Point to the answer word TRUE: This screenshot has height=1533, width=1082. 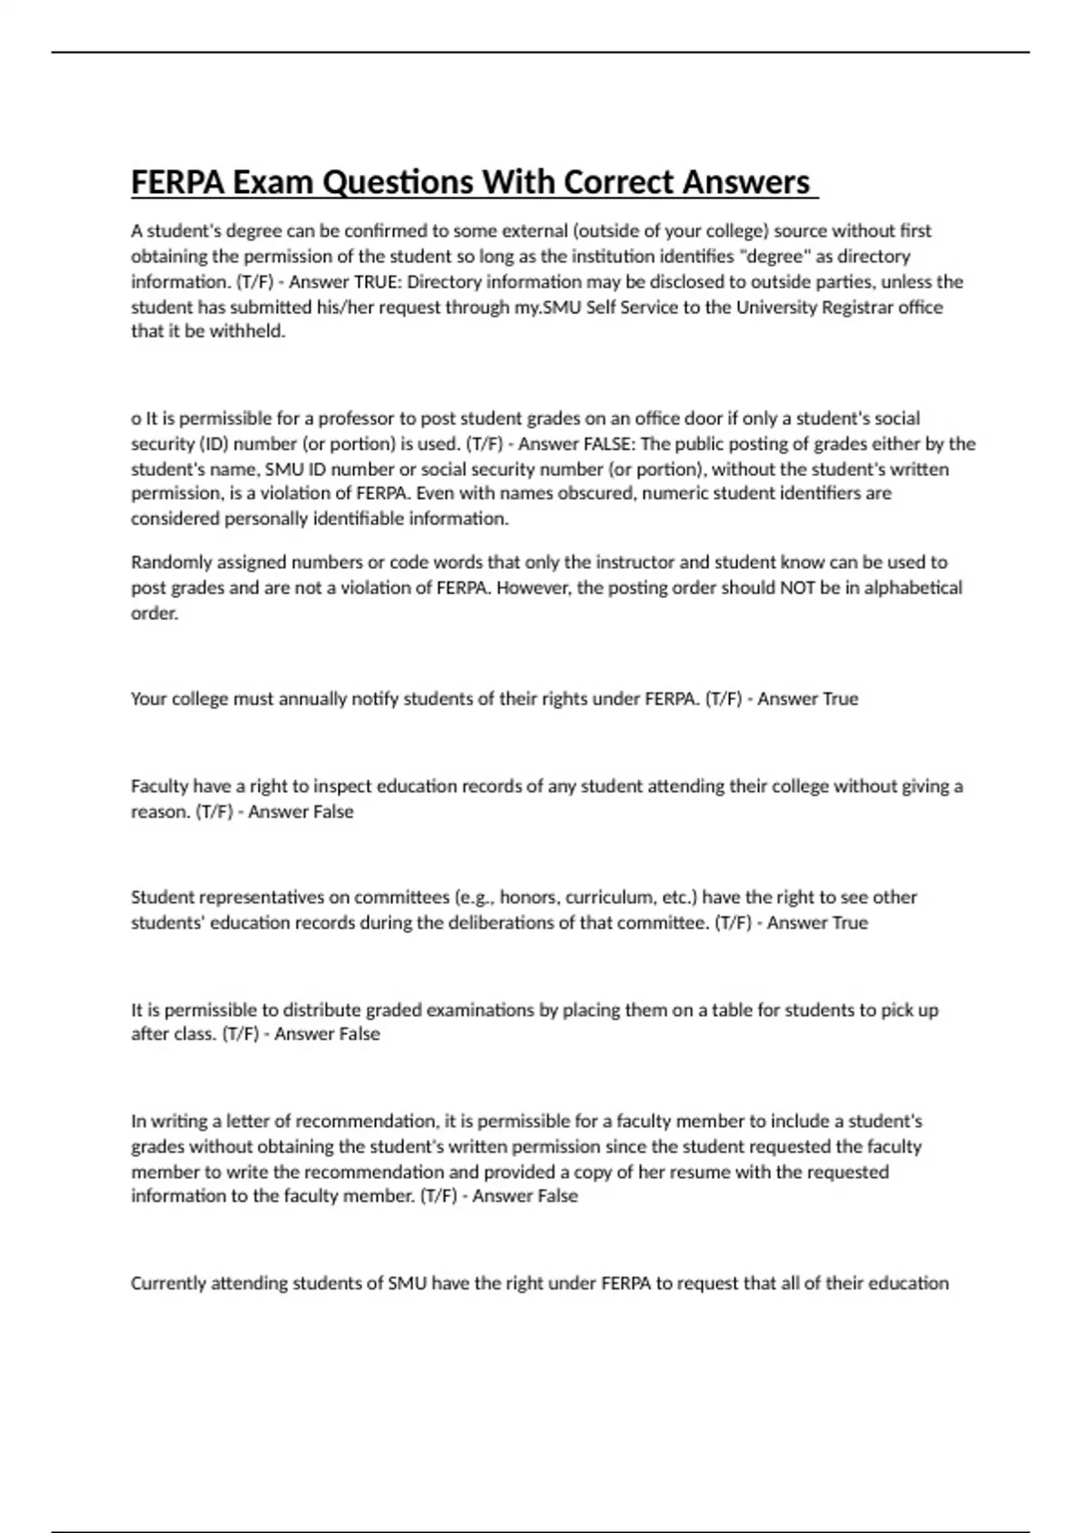tap(379, 282)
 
